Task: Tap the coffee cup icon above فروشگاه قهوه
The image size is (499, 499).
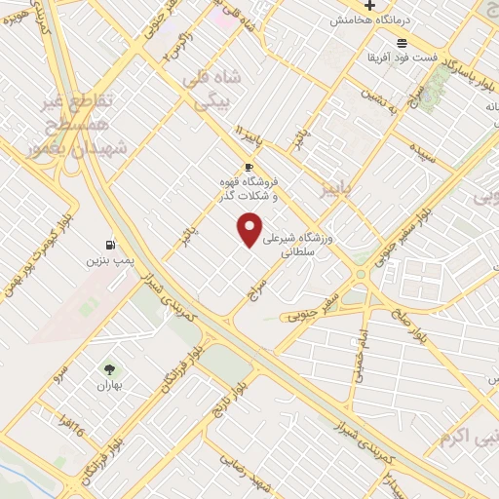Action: pyautogui.click(x=249, y=167)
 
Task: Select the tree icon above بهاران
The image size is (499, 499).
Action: pyautogui.click(x=109, y=369)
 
